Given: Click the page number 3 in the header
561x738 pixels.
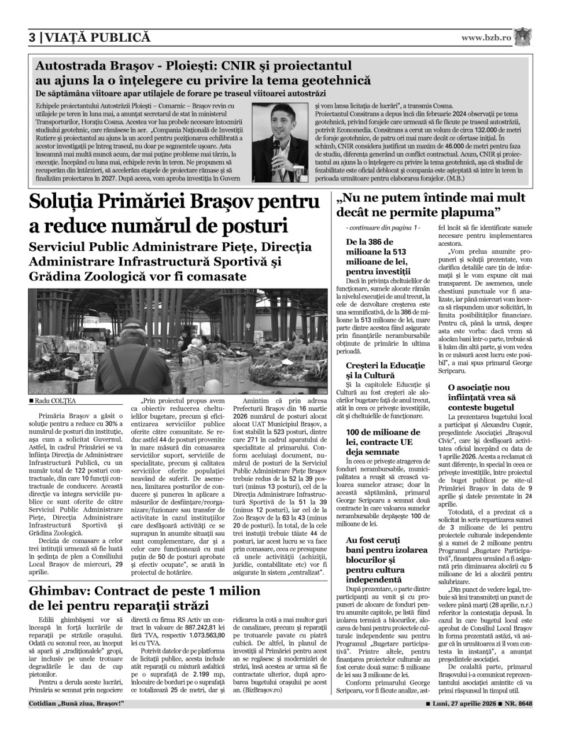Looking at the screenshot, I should pyautogui.click(x=33, y=38).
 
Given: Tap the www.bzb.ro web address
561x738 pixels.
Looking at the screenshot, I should pyautogui.click(x=486, y=38).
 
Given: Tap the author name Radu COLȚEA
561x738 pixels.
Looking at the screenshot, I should pyautogui.click(x=54, y=401).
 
